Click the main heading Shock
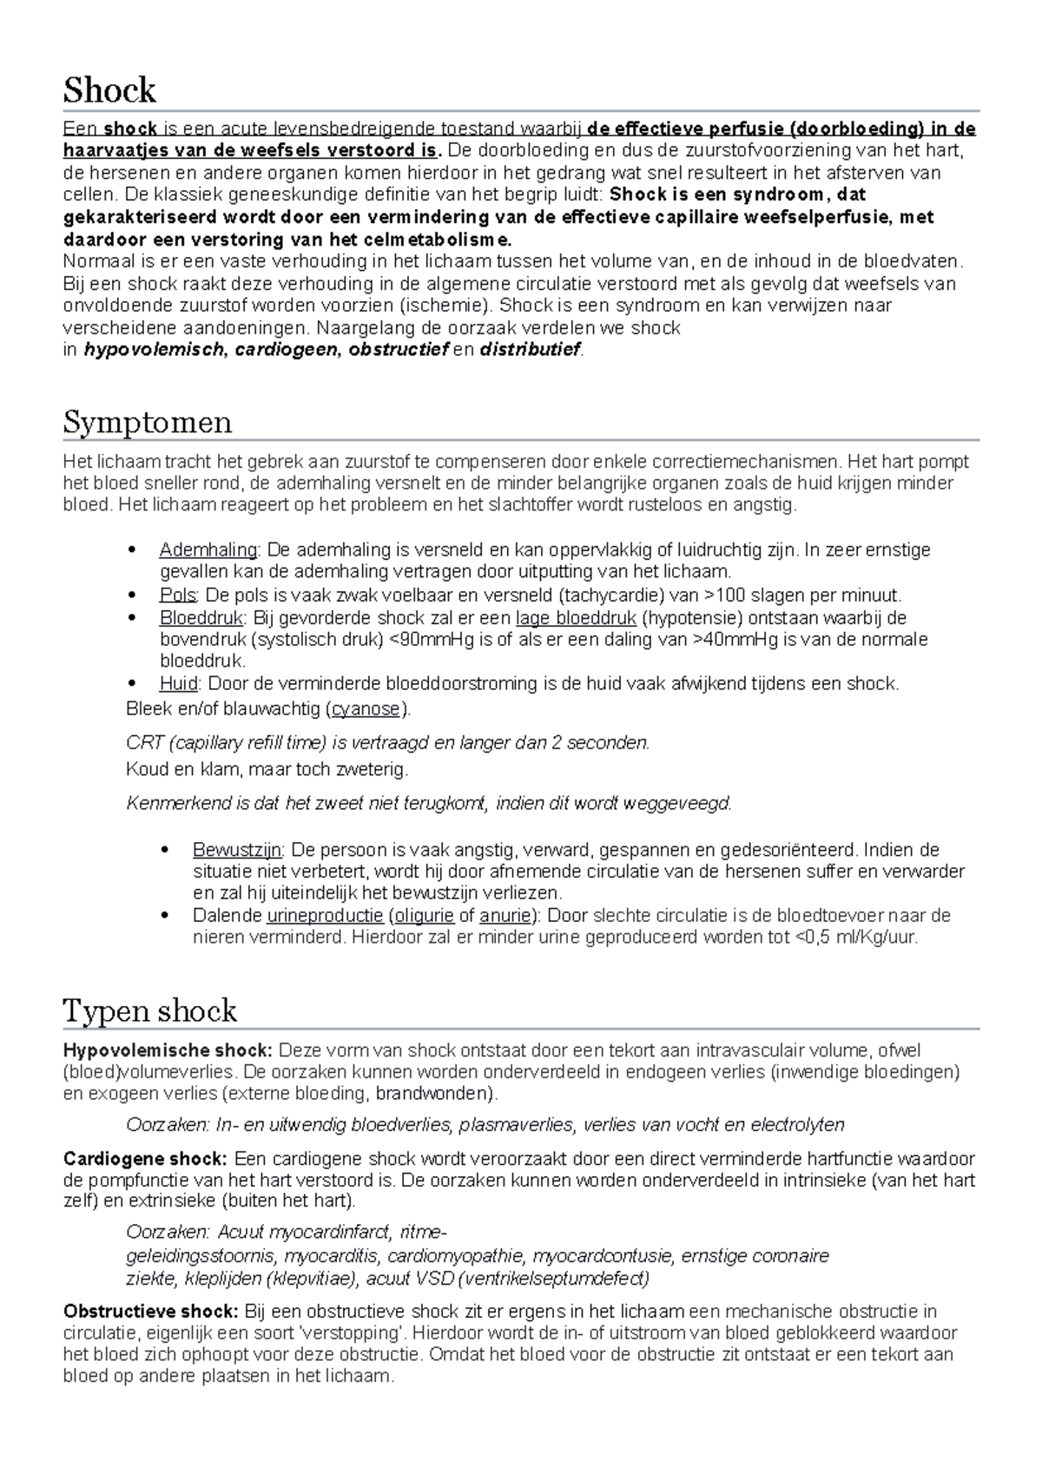click(x=109, y=90)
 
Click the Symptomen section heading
click(x=148, y=423)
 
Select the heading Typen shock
click(x=150, y=1010)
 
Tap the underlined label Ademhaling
click(x=208, y=550)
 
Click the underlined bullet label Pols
click(x=178, y=596)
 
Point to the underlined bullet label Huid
click(x=179, y=684)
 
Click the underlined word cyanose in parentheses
click(x=366, y=709)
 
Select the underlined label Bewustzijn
click(x=237, y=850)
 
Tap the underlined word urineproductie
click(x=325, y=916)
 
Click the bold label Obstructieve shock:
click(x=151, y=1312)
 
